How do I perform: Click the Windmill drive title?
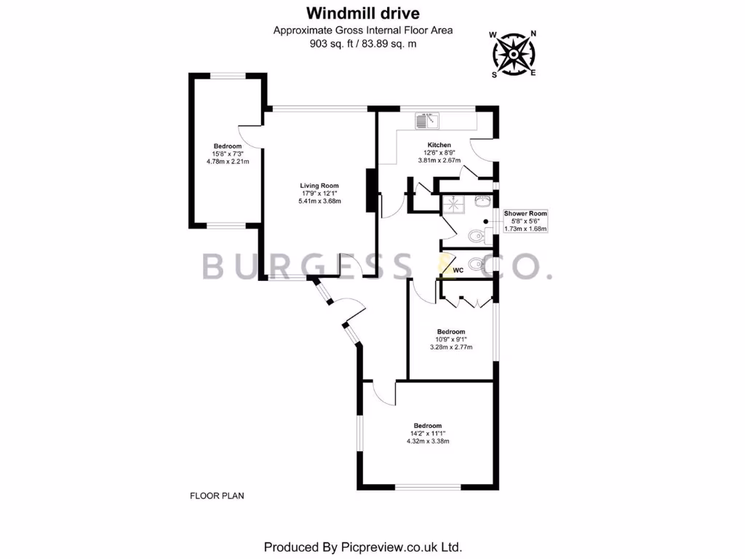coord(363,13)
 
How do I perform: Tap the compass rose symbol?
coord(514,54)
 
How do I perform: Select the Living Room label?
coord(319,186)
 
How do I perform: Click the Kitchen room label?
coord(439,145)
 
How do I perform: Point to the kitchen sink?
coord(426,122)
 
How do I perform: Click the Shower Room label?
coord(525,213)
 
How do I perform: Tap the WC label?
coord(458,271)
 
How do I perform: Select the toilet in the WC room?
coord(476,263)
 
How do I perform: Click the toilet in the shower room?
coord(477,236)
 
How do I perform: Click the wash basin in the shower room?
coord(483,200)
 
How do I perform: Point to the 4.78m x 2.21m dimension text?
coord(228,162)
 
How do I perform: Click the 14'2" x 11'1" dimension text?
coord(428,434)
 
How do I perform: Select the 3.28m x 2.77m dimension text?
coord(451,347)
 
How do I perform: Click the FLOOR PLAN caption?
coord(217,496)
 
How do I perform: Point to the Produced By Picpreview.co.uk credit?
coord(363,547)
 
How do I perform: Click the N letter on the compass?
coord(533,33)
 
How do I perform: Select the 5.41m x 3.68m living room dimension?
coord(319,201)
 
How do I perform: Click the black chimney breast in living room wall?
coord(371,190)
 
